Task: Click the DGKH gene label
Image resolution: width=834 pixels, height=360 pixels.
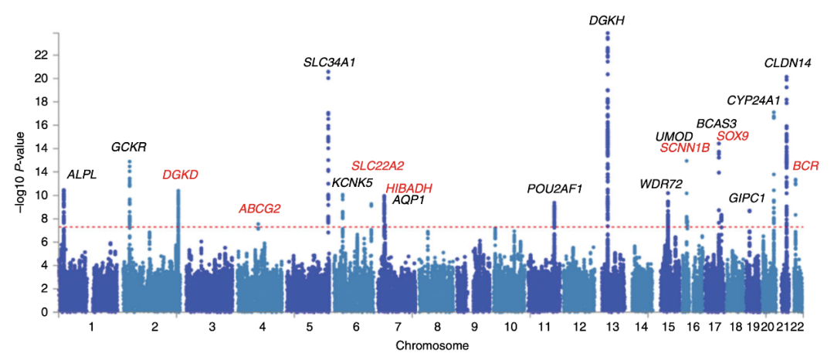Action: point(606,21)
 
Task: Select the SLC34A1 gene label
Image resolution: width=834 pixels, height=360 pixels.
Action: point(329,62)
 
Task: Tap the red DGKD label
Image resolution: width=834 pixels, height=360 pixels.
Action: point(180,175)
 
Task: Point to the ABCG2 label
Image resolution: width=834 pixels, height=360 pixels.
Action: point(259,209)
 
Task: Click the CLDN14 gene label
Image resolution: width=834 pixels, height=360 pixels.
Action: point(788,63)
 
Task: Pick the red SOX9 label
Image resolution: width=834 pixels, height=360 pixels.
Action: point(733,136)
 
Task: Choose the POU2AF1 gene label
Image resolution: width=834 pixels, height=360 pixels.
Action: point(554,188)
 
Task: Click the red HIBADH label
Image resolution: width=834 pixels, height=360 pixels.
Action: point(409,188)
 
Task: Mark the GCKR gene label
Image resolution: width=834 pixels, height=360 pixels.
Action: point(128,147)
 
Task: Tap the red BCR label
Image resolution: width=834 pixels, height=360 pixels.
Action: point(805,165)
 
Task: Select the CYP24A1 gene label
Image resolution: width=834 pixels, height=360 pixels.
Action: point(753,100)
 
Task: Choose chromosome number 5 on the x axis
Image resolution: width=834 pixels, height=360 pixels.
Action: point(309,328)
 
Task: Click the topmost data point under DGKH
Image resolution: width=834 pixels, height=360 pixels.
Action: point(608,33)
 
